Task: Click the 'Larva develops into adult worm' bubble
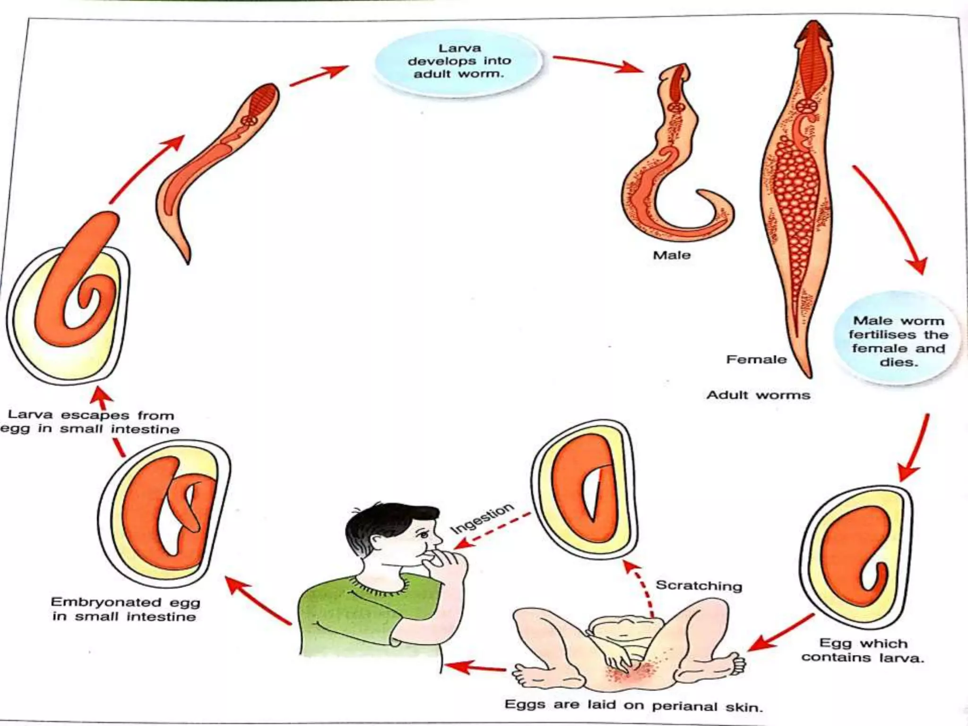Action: point(458,61)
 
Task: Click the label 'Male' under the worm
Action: point(672,255)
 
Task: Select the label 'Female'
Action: point(756,360)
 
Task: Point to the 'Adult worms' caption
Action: point(758,395)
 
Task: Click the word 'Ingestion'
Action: point(482,518)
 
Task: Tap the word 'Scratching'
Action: point(699,586)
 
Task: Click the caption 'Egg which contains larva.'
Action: point(863,650)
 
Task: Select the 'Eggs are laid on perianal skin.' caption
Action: point(633,706)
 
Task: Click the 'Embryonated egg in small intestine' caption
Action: point(125,609)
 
